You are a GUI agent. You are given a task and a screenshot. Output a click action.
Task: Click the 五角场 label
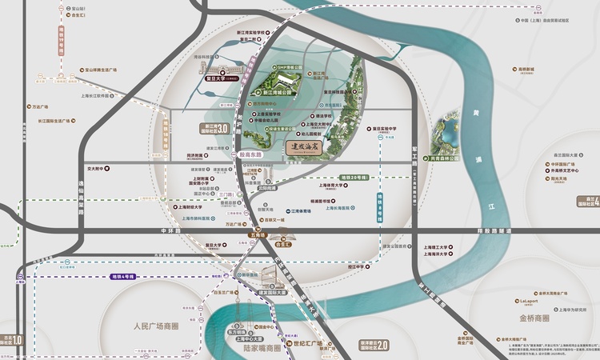tap(258, 235)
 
